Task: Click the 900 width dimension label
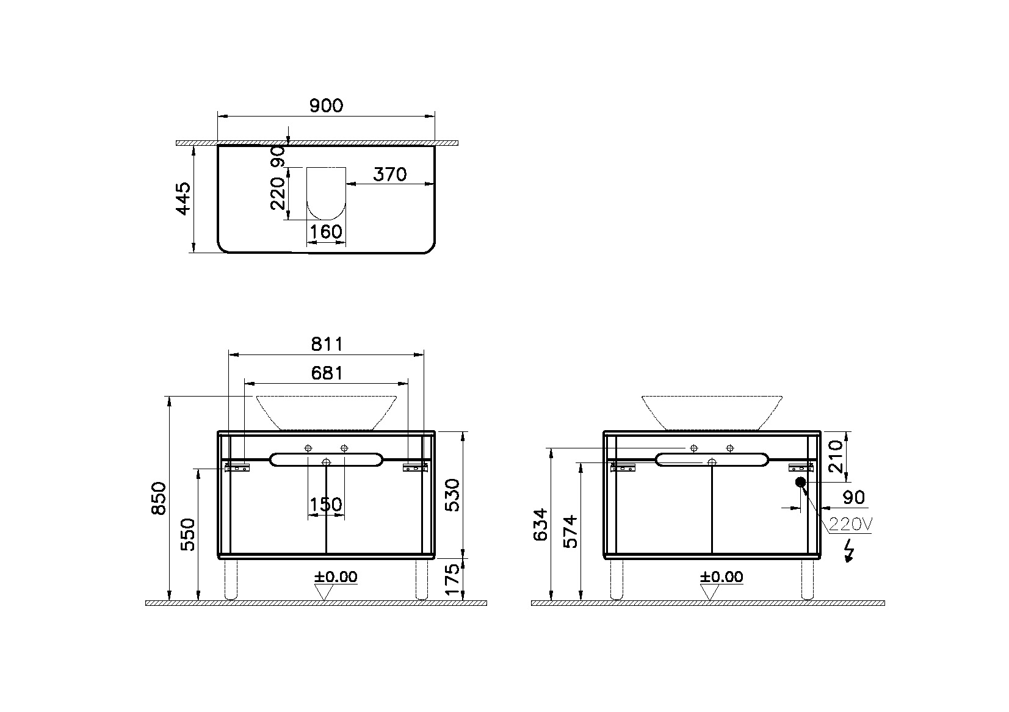(326, 106)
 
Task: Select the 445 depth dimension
(183, 199)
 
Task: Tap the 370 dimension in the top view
(389, 174)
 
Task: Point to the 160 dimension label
(326, 232)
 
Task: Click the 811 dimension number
(327, 345)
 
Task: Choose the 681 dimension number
(327, 373)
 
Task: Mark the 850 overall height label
(159, 498)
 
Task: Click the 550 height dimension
(188, 534)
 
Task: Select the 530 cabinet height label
(452, 495)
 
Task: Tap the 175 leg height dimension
(452, 580)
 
